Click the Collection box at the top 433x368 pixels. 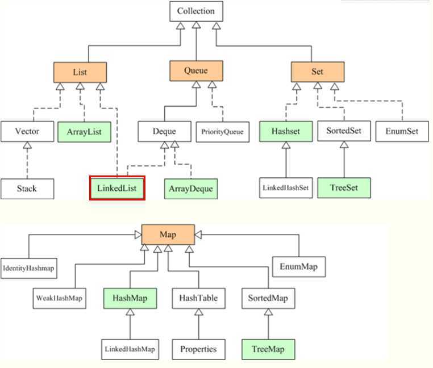pyautogui.click(x=196, y=11)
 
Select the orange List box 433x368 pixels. pyautogui.click(x=80, y=72)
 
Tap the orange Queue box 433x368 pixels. pyautogui.click(x=196, y=71)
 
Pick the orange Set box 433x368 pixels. pyautogui.click(x=317, y=72)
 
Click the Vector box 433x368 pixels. pyautogui.click(x=27, y=132)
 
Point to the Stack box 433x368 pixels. pyautogui.click(x=27, y=187)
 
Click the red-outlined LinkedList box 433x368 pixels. pyautogui.click(x=118, y=187)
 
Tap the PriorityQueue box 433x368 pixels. pyautogui.click(x=222, y=132)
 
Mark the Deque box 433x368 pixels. pyautogui.click(x=165, y=132)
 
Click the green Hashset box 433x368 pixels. pyautogui.click(x=285, y=132)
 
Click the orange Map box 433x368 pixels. pyautogui.click(x=168, y=234)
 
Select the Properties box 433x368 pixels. pyautogui.click(x=198, y=348)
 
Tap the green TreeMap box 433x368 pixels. pyautogui.click(x=269, y=348)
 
